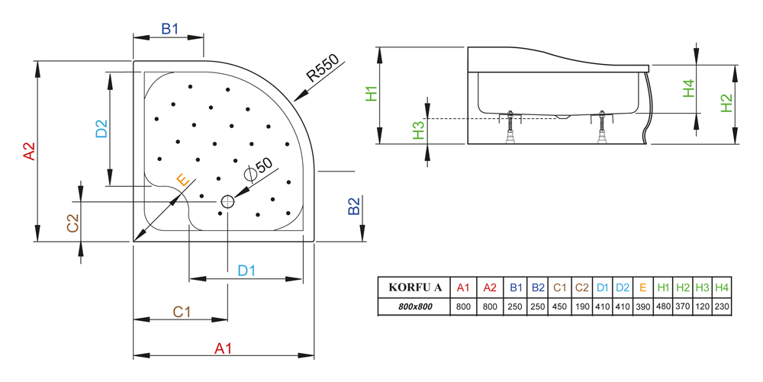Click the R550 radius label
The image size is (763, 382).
pos(322,67)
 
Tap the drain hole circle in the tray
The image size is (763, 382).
pos(227,201)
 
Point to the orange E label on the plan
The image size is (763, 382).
pos(182,180)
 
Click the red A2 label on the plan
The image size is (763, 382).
pos(29,151)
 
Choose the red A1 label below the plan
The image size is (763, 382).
pos(224,348)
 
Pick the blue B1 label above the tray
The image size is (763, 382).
pos(170,29)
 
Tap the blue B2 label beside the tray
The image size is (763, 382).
pos(354,206)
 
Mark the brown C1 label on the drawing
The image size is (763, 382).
pos(182,312)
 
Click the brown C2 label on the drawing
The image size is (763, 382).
pos(72,223)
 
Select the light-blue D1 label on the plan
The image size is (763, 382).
pos(246,270)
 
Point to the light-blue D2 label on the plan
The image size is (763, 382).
pos(101,128)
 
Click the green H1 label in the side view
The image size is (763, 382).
pos(372,93)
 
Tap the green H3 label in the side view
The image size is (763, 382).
pos(418,130)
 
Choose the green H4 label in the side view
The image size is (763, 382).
pos(688,88)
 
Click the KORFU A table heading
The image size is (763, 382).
pos(415,287)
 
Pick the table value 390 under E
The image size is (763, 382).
pos(642,307)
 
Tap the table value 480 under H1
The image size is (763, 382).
pos(663,307)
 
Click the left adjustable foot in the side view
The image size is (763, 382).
pos(510,127)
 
